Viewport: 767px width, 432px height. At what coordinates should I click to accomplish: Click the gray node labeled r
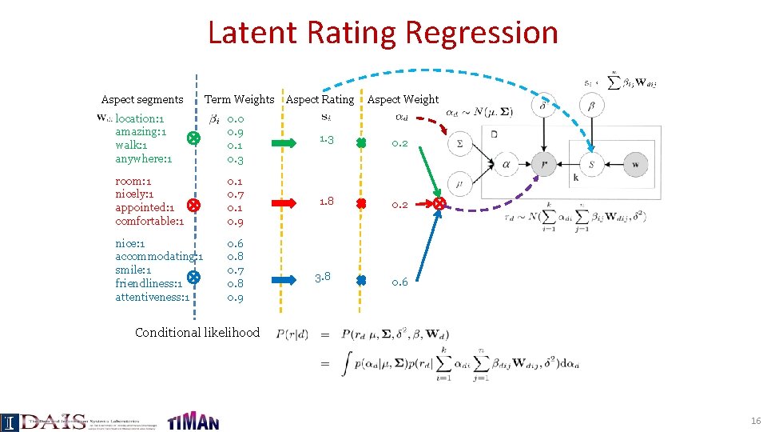(x=544, y=165)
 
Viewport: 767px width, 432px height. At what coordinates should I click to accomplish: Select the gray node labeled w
(x=636, y=165)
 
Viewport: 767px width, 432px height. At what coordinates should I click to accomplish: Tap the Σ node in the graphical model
(x=459, y=144)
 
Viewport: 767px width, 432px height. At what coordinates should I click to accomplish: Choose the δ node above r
(x=543, y=105)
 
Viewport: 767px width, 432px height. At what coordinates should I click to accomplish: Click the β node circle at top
(x=590, y=105)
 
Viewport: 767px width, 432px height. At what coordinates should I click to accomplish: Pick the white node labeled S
(x=591, y=165)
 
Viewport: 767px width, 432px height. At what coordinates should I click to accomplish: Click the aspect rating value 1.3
(x=325, y=140)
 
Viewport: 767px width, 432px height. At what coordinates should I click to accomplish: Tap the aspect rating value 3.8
(x=323, y=278)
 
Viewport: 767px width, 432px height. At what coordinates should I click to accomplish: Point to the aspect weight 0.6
(x=399, y=282)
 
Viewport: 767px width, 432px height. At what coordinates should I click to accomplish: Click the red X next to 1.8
(x=361, y=204)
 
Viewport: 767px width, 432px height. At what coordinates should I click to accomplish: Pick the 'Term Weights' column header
(x=239, y=99)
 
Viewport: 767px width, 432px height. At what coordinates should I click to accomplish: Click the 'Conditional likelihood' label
(x=197, y=332)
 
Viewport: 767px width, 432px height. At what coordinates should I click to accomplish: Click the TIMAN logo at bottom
(x=193, y=421)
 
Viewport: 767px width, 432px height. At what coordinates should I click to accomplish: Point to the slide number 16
(x=755, y=421)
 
